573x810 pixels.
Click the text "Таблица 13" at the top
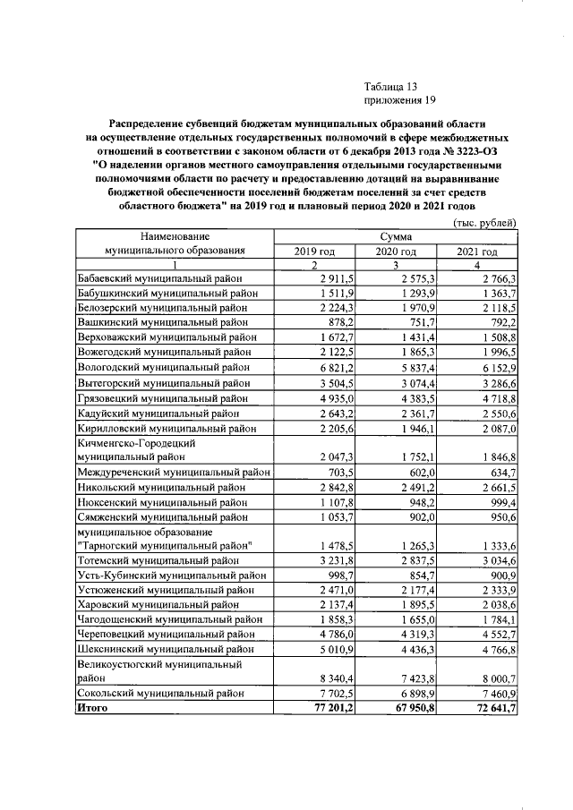[x=391, y=87]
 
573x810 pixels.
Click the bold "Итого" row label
[x=92, y=707]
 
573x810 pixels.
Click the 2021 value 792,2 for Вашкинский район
[x=499, y=323]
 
